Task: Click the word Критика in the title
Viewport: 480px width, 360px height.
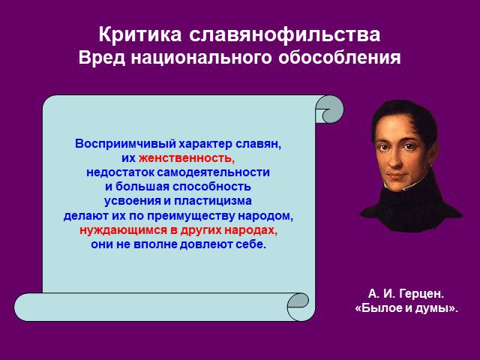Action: click(140, 34)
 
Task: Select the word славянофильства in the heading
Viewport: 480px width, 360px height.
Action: click(285, 34)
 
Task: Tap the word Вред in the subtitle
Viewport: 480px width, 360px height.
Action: click(102, 58)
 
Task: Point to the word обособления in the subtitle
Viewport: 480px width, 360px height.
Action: click(340, 58)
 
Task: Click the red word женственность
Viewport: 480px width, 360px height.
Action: click(187, 158)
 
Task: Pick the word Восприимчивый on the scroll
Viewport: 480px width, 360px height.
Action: click(125, 144)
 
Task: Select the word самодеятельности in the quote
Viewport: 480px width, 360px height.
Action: click(213, 172)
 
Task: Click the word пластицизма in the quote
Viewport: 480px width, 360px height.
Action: click(213, 201)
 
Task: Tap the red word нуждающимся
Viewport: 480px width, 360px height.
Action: click(123, 230)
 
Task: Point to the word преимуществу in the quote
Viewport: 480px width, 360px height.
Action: click(191, 216)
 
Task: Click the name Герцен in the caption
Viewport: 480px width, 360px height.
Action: click(421, 294)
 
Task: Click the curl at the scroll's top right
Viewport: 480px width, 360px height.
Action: click(330, 109)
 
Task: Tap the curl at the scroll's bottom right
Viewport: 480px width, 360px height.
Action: click(298, 307)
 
